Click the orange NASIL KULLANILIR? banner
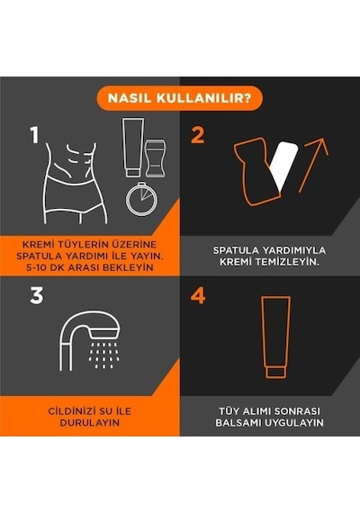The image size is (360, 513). pos(180,98)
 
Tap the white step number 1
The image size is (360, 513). pos(35,135)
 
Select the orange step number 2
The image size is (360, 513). pos(198,135)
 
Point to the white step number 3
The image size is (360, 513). pos(36,295)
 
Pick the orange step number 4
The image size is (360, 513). pos(198,295)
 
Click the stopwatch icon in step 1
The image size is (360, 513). pos(141,199)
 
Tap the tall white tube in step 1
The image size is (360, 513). pos(133,148)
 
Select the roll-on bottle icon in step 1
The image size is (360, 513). pos(155,158)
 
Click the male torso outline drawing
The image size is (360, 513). pos(76,184)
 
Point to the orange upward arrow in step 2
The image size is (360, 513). pos(313,166)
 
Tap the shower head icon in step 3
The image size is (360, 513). pos(89,340)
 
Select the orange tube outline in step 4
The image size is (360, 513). pos(275,337)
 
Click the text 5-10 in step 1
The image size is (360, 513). pos(36,267)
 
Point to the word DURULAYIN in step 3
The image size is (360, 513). pos(90,422)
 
